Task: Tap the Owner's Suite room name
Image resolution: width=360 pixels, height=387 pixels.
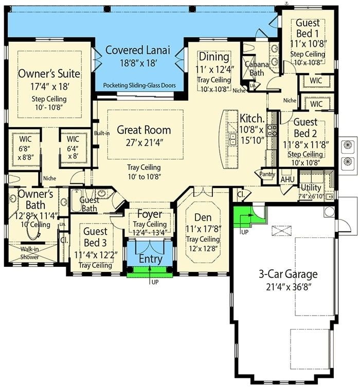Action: (49, 73)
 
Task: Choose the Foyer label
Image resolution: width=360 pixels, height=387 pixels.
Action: (150, 214)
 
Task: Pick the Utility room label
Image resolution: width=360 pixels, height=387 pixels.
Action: (310, 188)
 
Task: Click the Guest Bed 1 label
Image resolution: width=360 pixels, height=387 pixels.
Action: (308, 27)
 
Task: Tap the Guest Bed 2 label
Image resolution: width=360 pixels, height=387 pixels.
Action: (305, 127)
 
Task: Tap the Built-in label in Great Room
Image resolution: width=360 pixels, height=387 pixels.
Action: (101, 133)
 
